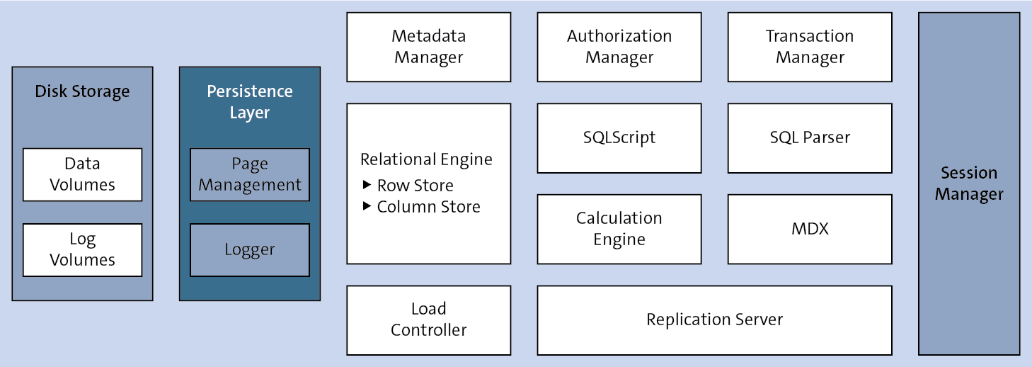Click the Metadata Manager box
click(428, 47)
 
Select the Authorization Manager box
click(619, 47)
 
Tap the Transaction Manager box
click(810, 47)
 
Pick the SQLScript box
click(619, 137)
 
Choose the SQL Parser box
click(810, 137)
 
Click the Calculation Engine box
click(619, 229)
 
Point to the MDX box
click(810, 229)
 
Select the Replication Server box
click(714, 320)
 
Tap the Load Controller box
click(428, 320)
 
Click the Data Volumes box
click(82, 174)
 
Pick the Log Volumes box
click(82, 250)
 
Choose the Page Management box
click(250, 174)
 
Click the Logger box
click(250, 250)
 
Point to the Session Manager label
click(969, 183)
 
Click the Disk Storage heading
click(82, 91)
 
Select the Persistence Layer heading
click(250, 102)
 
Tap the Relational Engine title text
click(426, 159)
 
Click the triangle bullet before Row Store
click(367, 185)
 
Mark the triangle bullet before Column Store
click(367, 206)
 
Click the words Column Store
click(428, 207)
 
